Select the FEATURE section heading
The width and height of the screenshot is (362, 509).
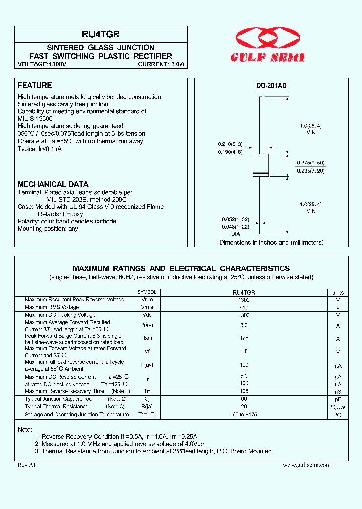coord(35,86)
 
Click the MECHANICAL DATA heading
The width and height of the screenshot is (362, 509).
coord(53,184)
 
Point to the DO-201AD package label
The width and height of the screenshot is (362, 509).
coord(271,86)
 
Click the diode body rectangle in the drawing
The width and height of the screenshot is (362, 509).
coord(260,165)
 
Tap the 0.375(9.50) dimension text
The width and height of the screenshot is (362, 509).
coord(310,162)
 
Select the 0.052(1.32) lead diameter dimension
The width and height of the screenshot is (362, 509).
coord(236,220)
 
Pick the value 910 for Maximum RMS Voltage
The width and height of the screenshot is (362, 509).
coord(244,307)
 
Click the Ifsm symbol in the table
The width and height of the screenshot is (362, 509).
coord(147,339)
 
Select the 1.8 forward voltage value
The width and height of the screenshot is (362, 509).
coord(244,352)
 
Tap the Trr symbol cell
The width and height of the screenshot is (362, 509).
coord(147,391)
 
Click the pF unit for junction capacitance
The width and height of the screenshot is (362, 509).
coord(338,399)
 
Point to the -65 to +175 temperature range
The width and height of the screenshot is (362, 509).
coord(244,414)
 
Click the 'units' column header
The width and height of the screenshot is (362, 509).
coord(338,292)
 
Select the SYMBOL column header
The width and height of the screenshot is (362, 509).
coord(147,292)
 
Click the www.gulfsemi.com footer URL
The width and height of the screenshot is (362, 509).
coord(307,465)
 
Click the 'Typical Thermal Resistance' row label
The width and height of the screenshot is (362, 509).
coord(56,406)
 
